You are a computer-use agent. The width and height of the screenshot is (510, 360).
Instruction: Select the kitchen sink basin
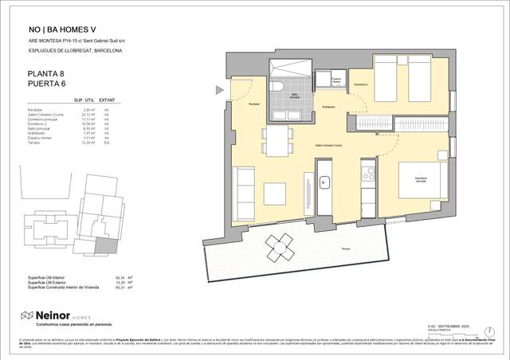(x=324, y=183)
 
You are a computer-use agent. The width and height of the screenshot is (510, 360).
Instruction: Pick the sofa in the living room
(x=246, y=192)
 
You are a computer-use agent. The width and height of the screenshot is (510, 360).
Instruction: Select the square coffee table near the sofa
(x=275, y=192)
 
